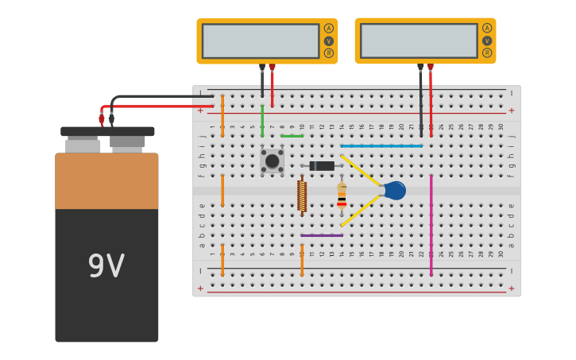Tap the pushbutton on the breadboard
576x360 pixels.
point(272,161)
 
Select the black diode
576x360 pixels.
point(322,165)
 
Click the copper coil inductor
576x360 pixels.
point(302,195)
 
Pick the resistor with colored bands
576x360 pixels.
point(342,195)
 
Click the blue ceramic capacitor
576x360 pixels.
point(394,190)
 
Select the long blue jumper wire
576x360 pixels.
point(381,146)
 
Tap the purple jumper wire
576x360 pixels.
point(322,235)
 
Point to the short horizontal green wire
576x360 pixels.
point(292,136)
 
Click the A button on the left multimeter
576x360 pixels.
point(328,29)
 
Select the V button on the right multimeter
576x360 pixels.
point(487,41)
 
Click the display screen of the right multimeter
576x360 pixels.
point(419,41)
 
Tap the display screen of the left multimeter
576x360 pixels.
point(261,41)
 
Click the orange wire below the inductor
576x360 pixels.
point(302,260)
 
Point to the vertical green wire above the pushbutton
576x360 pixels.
point(262,121)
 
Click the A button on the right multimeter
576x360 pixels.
point(487,28)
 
